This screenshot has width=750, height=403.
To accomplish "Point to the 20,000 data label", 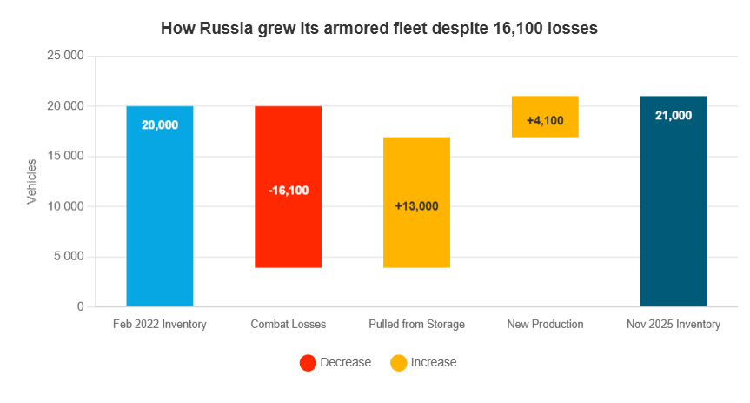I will [x=160, y=125].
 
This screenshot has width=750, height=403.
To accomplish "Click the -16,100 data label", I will [x=288, y=190].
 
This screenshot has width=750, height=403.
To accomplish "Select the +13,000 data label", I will [x=416, y=206].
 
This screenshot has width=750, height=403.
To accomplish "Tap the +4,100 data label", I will [x=545, y=120].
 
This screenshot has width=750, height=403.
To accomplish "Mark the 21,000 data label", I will [x=673, y=115].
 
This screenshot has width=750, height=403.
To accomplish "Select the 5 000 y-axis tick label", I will [x=68, y=257].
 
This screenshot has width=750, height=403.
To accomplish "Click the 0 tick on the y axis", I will [x=80, y=307].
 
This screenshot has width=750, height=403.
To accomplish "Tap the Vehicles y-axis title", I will [x=31, y=182].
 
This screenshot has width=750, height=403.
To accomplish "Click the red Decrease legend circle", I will [x=308, y=363].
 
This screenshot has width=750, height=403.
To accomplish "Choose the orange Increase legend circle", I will [x=398, y=363].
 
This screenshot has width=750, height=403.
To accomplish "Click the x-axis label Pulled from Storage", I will [x=416, y=325].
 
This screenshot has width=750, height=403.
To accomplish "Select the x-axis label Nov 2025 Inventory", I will [x=673, y=325].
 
